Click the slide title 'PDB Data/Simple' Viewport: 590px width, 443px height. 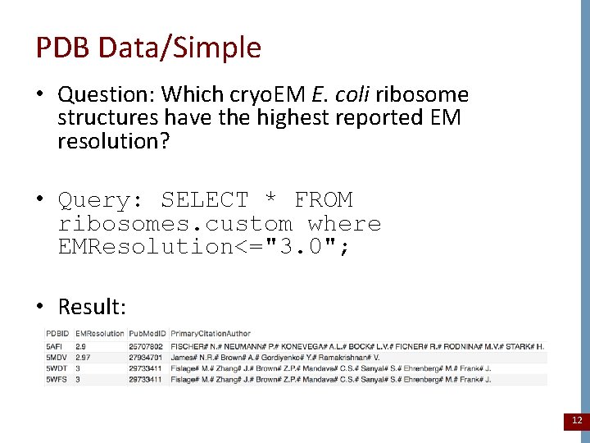(148, 48)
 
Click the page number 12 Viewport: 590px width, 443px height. (576, 420)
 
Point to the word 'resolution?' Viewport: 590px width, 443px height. (113, 141)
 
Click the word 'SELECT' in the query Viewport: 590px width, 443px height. (204, 200)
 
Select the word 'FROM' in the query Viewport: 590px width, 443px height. (323, 200)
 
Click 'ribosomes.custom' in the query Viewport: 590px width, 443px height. (175, 224)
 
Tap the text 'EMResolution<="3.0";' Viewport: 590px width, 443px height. (204, 247)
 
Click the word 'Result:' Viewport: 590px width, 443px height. (92, 307)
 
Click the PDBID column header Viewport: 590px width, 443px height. (57, 334)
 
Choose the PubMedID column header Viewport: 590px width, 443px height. (147, 334)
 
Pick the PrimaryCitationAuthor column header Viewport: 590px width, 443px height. (211, 334)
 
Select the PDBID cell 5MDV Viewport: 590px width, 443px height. (57, 358)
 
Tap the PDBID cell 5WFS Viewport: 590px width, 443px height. (57, 380)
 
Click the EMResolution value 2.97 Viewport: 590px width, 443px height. (84, 358)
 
